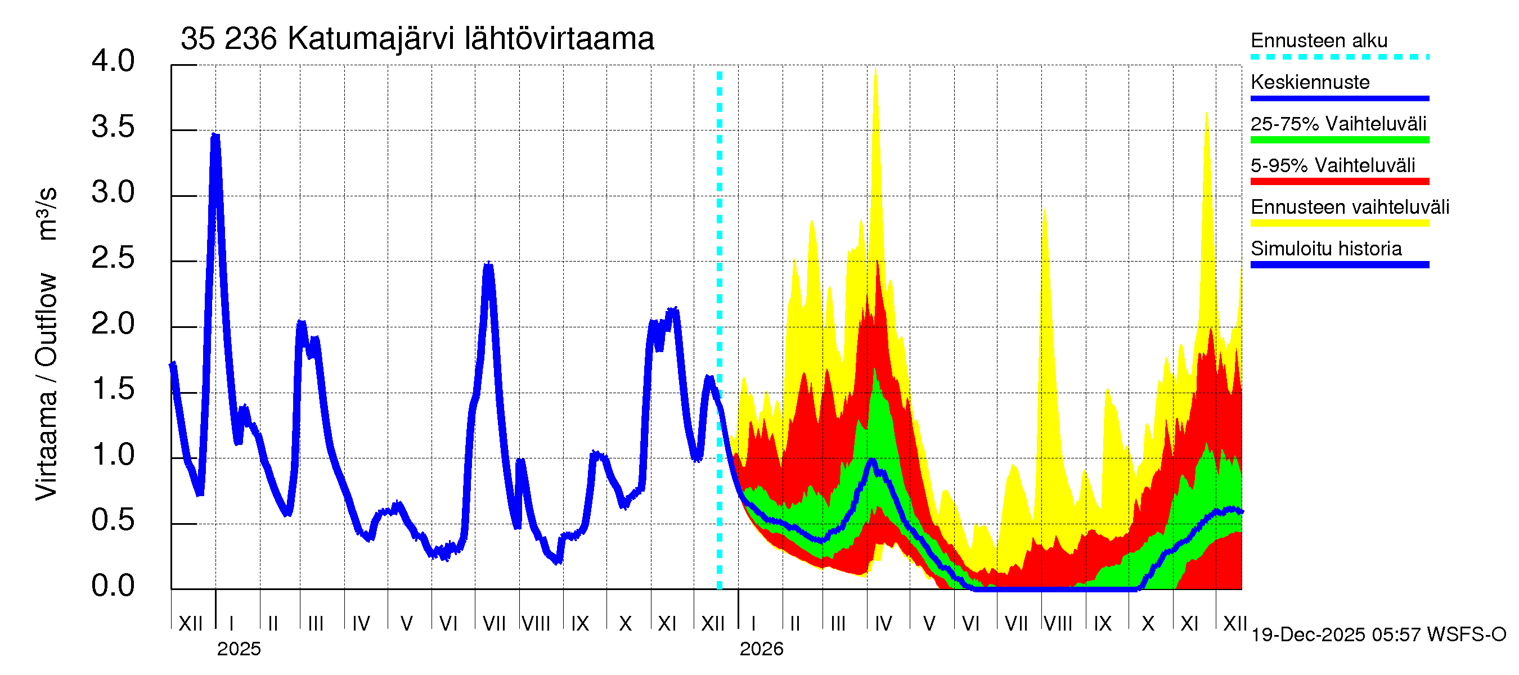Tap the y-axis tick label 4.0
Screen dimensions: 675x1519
tap(113, 61)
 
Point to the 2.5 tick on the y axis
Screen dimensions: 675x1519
tap(113, 258)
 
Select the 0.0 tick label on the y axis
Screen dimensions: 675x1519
tap(113, 586)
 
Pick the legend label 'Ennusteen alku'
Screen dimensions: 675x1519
tap(1319, 40)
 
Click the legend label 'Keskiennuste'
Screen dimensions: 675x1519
tap(1310, 82)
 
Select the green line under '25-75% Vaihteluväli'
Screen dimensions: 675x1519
tap(1339, 139)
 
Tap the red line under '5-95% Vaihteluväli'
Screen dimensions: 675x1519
tap(1339, 182)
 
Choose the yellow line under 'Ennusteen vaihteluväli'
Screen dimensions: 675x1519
tap(1339, 223)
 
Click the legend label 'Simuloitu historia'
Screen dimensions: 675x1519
tap(1325, 249)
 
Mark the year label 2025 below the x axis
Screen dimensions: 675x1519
tap(239, 649)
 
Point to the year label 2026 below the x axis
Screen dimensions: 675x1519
tap(761, 649)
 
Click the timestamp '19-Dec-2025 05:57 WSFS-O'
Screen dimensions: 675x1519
tap(1378, 635)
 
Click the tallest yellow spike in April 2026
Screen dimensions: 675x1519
tap(875, 69)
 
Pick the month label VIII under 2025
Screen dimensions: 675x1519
tap(536, 624)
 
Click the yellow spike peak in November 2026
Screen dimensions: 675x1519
tap(1206, 113)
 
